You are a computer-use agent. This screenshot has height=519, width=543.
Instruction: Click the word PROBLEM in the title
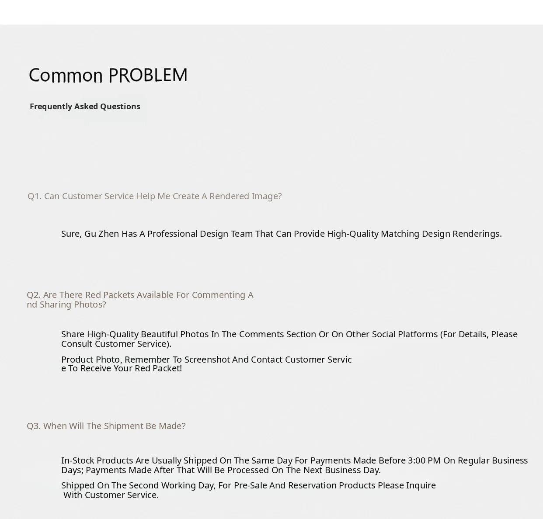click(148, 75)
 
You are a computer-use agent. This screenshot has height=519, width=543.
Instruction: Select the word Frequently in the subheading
click(50, 107)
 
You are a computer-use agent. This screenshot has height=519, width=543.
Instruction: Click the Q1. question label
click(35, 196)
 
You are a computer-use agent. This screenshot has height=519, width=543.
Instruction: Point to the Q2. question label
click(34, 295)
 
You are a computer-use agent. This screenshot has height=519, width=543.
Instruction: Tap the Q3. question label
click(34, 426)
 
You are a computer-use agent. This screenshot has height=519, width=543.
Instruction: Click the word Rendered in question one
click(229, 196)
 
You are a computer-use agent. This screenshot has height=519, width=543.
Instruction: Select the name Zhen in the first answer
click(108, 234)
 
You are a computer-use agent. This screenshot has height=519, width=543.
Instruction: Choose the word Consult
click(77, 344)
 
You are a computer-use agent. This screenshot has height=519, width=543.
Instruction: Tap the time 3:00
click(418, 460)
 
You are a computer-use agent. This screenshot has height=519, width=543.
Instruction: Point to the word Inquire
click(421, 485)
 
